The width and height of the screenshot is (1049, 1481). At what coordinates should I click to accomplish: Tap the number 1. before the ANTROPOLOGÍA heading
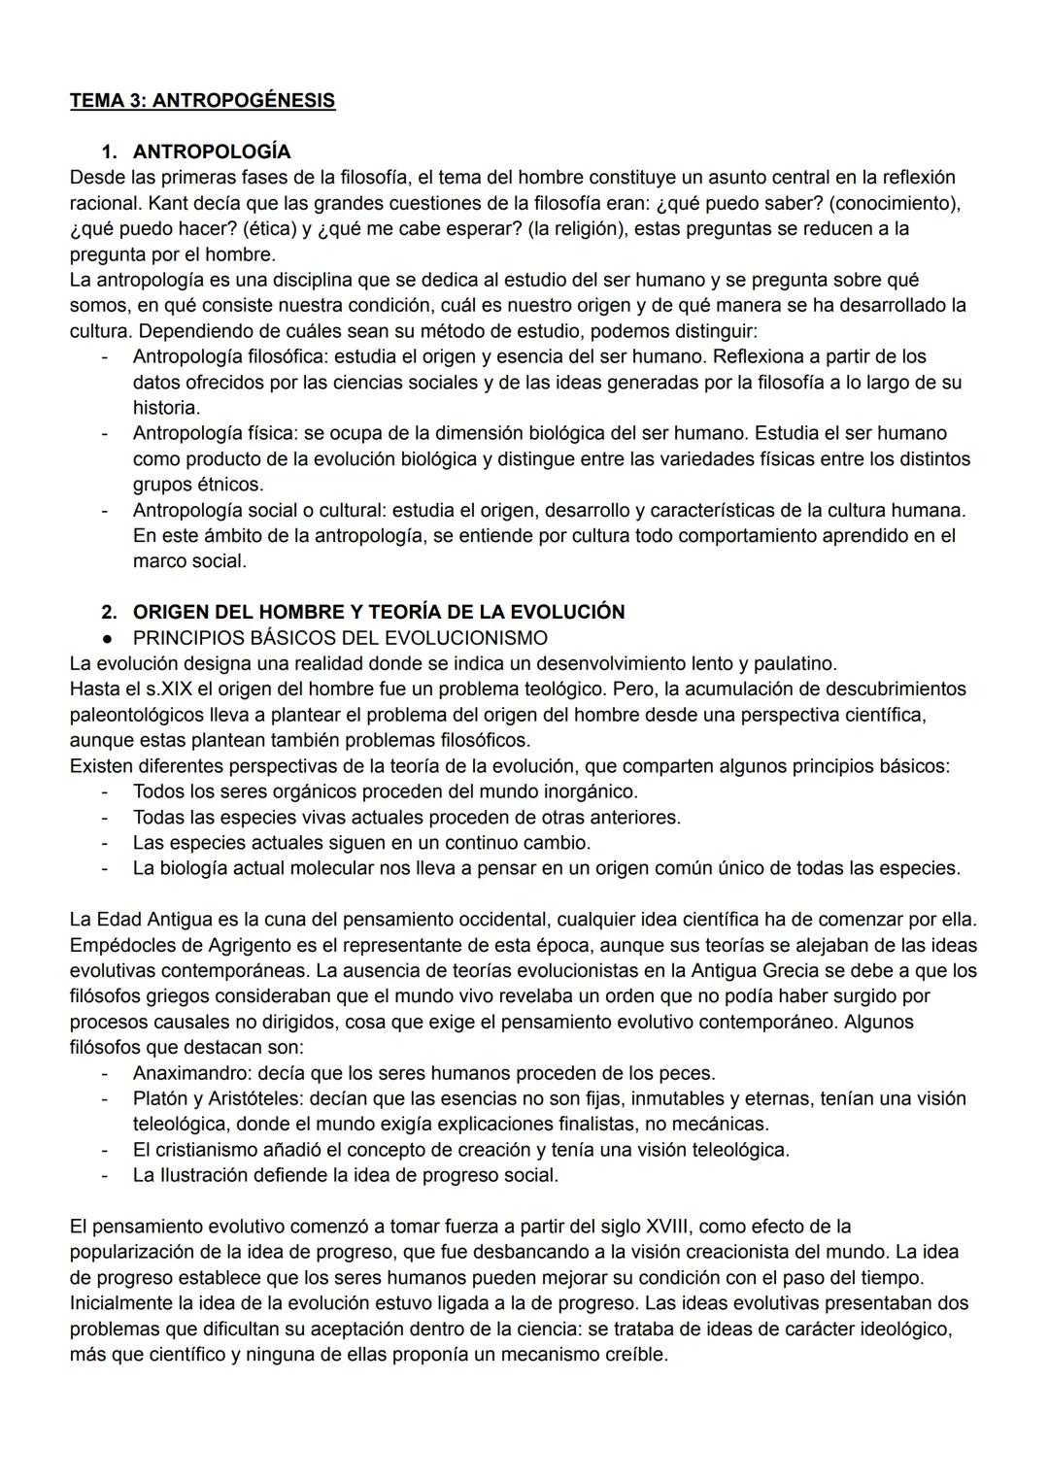click(x=109, y=151)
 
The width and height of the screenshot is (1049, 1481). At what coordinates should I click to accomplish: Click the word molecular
click(x=324, y=868)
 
